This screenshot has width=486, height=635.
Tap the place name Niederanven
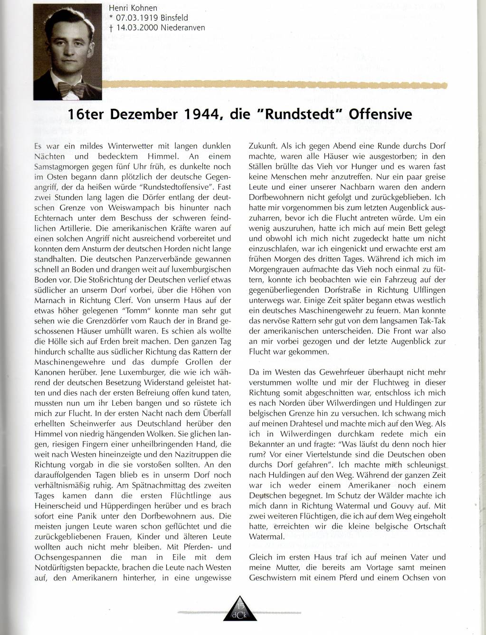[x=183, y=27]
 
